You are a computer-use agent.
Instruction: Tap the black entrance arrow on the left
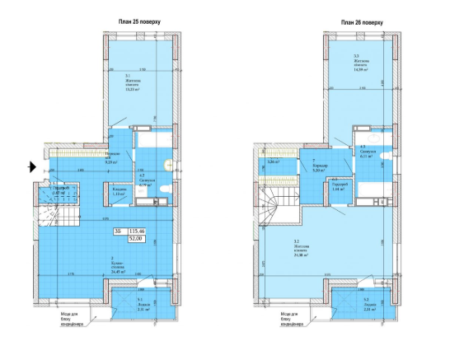30,167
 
